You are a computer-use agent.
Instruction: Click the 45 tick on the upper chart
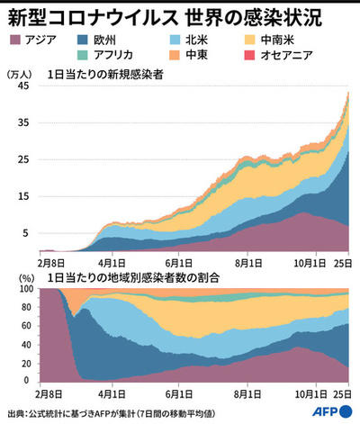click(26, 86)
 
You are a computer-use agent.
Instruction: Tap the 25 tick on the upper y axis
click(26, 159)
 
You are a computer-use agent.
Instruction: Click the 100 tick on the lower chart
click(24, 290)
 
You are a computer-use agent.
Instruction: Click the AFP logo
click(329, 411)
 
